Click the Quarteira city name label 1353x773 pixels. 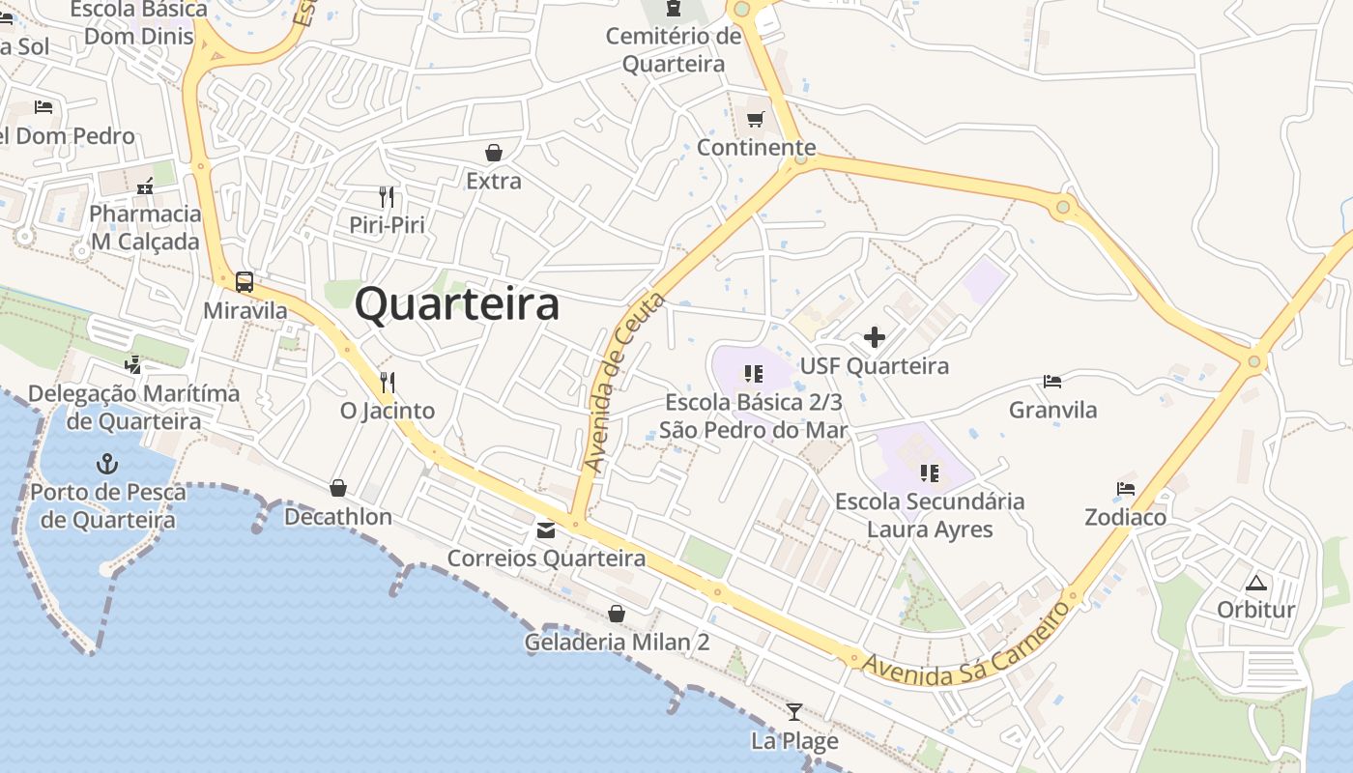point(456,304)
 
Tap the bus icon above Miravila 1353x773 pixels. point(245,282)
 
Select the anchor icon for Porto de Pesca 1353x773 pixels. point(107,465)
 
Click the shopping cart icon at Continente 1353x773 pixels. point(755,119)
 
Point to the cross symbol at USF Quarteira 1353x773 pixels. point(874,337)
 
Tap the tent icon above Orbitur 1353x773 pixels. point(1255,582)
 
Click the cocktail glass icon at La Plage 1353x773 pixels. point(793,712)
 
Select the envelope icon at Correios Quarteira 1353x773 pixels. point(546,530)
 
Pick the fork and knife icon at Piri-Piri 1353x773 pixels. point(387,197)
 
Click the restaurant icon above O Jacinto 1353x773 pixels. point(388,383)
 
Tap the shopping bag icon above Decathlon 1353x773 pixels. point(338,488)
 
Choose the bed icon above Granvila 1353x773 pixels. point(1052,382)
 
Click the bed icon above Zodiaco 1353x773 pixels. point(1125,488)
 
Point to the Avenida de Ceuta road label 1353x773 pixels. point(624,383)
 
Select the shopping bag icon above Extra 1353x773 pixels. point(493,153)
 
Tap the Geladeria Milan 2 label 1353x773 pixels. point(617,642)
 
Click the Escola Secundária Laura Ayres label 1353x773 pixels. point(930,515)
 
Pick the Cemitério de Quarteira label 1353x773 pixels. point(674,50)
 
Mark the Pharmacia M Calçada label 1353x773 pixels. point(145,227)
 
